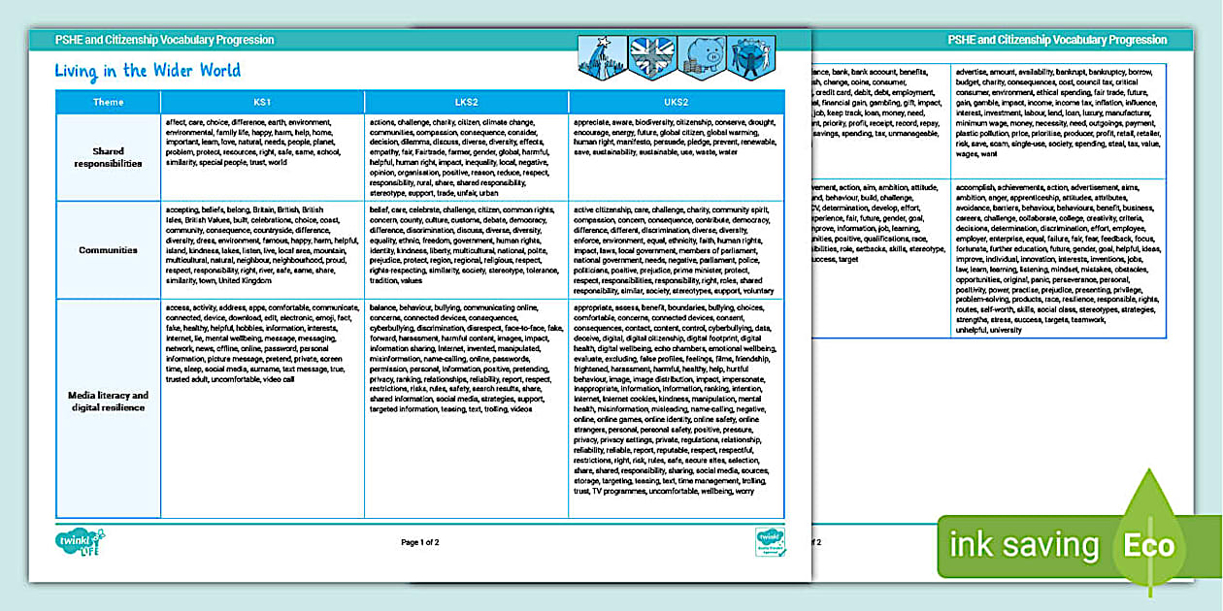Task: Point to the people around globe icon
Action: click(752, 53)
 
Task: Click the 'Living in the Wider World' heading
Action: click(148, 71)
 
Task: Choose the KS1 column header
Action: click(262, 102)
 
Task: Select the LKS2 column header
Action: click(466, 102)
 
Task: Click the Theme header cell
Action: click(109, 102)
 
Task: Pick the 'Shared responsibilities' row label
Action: click(109, 157)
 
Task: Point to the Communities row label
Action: click(109, 249)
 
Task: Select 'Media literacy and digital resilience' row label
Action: click(109, 402)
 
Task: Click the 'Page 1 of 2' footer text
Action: click(420, 542)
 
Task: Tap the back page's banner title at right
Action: click(1057, 40)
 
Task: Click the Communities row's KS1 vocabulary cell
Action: click(262, 249)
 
